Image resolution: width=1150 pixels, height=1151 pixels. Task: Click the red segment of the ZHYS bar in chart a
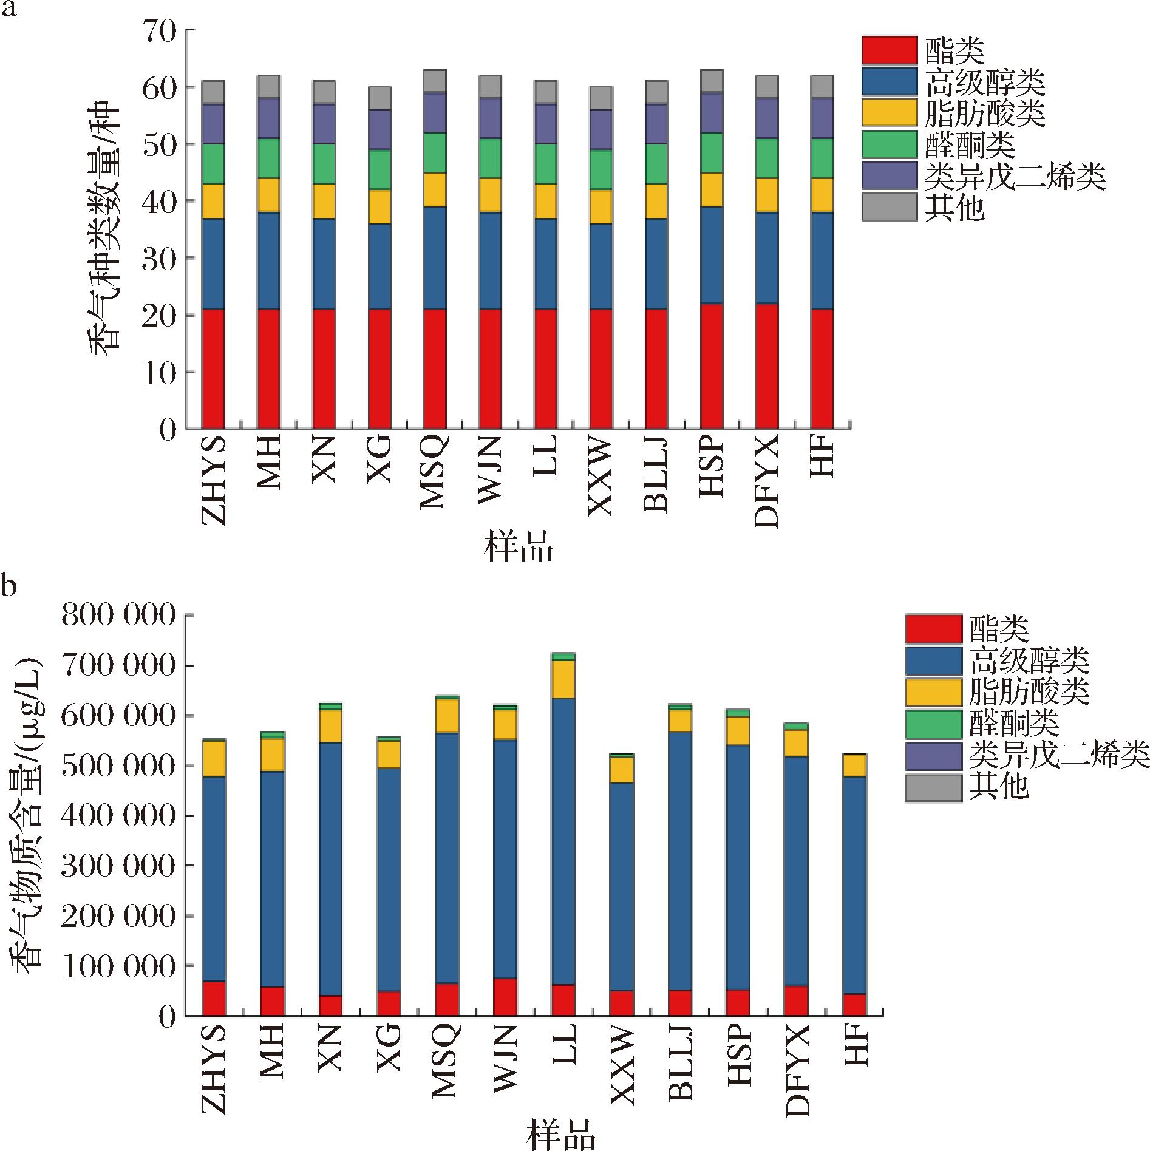[x=213, y=368]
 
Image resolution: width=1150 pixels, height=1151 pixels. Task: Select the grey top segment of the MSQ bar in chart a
[x=435, y=81]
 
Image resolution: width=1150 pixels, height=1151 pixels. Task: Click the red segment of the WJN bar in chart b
[x=505, y=996]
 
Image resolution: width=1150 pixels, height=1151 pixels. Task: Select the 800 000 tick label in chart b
[x=118, y=616]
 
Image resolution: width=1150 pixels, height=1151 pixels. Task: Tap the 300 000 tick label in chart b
[x=118, y=865]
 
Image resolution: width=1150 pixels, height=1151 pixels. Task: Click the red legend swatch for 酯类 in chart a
[x=889, y=50]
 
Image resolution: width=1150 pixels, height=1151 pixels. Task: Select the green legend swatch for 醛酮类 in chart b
[x=933, y=724]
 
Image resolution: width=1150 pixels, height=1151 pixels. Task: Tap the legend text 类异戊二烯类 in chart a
[x=1015, y=176]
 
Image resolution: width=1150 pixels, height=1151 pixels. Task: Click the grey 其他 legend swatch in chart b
[x=933, y=787]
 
